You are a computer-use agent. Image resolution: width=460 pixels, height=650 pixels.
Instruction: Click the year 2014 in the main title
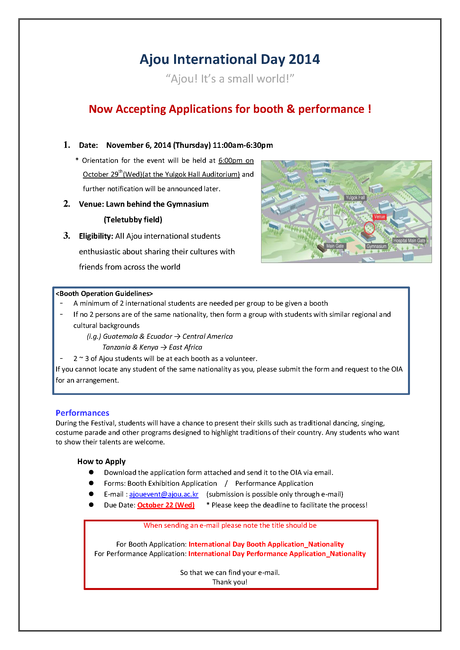pyautogui.click(x=304, y=59)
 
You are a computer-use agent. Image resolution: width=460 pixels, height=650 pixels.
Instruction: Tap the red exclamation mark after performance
pyautogui.click(x=369, y=109)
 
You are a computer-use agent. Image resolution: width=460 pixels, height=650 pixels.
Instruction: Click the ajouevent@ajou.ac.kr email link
pyautogui.click(x=164, y=494)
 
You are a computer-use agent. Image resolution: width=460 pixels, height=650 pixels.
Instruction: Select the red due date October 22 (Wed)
pyautogui.click(x=166, y=505)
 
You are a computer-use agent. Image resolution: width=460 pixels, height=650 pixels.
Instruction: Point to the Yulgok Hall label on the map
pyautogui.click(x=355, y=198)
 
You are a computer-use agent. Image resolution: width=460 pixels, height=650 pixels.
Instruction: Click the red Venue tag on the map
pyautogui.click(x=379, y=217)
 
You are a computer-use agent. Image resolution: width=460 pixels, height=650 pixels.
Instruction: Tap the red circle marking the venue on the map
pyautogui.click(x=369, y=228)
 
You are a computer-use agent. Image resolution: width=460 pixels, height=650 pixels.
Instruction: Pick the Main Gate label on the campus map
pyautogui.click(x=335, y=246)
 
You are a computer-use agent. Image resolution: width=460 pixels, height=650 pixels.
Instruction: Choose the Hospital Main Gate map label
pyautogui.click(x=409, y=241)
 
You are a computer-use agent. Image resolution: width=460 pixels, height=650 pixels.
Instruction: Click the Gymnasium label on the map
pyautogui.click(x=376, y=246)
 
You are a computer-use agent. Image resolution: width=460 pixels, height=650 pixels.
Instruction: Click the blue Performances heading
pyautogui.click(x=82, y=413)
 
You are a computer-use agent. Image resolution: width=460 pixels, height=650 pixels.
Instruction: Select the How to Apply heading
pyautogui.click(x=102, y=462)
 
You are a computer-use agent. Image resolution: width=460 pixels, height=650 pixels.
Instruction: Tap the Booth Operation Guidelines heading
pyautogui.click(x=104, y=293)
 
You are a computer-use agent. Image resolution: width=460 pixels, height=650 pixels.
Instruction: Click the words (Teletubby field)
pyautogui.click(x=133, y=220)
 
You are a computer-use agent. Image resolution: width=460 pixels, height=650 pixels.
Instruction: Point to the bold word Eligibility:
pyautogui.click(x=96, y=236)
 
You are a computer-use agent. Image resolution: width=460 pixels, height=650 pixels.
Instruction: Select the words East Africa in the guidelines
pyautogui.click(x=186, y=347)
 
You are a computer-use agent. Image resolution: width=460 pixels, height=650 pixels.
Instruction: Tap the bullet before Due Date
pyautogui.click(x=91, y=505)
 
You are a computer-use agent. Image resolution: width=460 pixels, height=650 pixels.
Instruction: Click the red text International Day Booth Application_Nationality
pyautogui.click(x=266, y=544)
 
